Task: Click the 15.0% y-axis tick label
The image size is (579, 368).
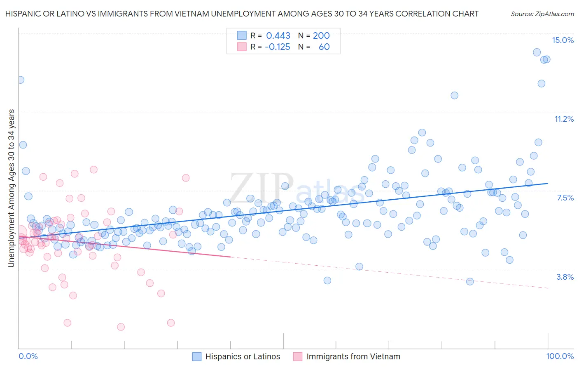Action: [x=563, y=40]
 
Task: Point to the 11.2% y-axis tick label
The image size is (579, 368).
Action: [x=564, y=119]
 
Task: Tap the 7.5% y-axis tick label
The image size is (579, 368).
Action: [x=565, y=198]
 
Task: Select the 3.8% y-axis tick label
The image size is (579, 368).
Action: [x=565, y=277]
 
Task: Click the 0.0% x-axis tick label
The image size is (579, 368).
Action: [x=28, y=356]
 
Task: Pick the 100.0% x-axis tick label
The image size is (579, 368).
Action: [x=560, y=356]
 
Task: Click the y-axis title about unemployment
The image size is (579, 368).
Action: [x=11, y=188]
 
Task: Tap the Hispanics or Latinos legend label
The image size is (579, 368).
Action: [x=243, y=356]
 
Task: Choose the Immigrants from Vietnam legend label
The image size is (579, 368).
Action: [x=353, y=356]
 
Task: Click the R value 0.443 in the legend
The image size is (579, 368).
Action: [x=278, y=35]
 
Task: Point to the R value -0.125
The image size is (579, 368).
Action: [x=277, y=47]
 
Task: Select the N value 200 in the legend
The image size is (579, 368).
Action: [x=321, y=35]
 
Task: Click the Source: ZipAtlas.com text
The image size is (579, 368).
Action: [x=542, y=14]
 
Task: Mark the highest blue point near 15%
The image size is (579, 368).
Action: [x=537, y=52]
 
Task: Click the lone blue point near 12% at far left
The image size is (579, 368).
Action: [x=20, y=80]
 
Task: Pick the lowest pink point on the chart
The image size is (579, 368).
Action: [x=121, y=327]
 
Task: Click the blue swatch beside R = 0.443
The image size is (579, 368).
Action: [x=241, y=35]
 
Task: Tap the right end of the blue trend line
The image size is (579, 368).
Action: [x=548, y=183]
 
